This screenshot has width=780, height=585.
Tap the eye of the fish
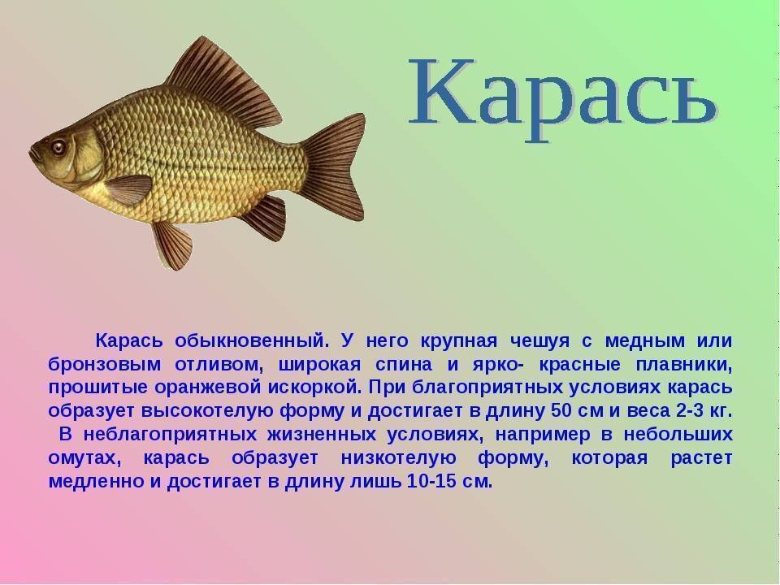[x=58, y=147]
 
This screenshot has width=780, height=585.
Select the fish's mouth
[x=33, y=154]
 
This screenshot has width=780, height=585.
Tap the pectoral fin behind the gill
[x=129, y=189]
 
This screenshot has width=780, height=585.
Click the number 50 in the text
[x=561, y=409]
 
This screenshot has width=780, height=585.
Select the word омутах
[x=84, y=457]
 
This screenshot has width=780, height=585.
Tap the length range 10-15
[x=427, y=480]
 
